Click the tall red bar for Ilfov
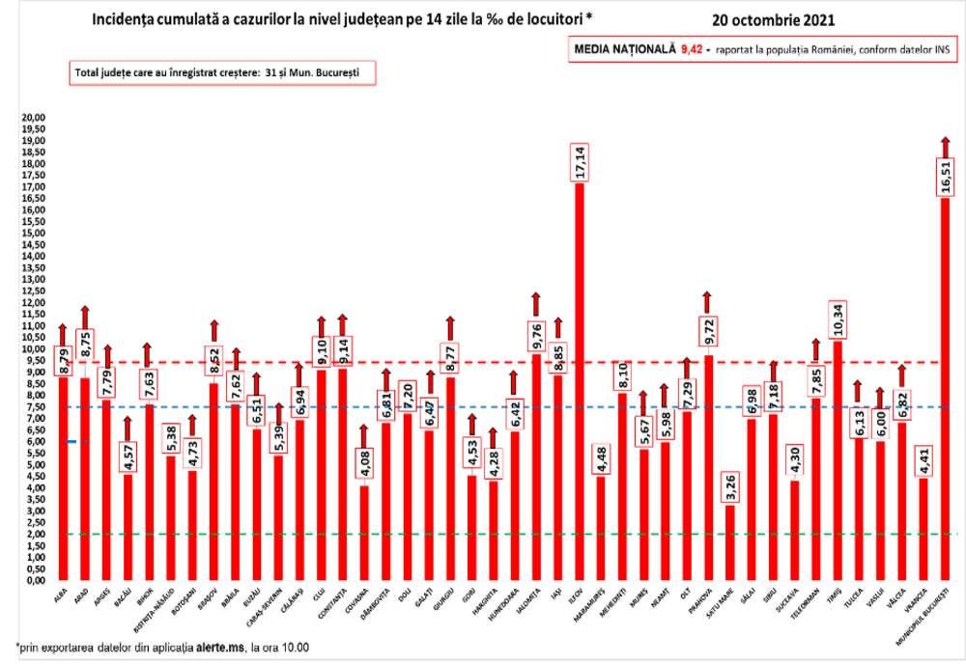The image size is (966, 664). click(579, 386)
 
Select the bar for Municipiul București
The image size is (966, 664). click(945, 386)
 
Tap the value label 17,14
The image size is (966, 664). click(580, 161)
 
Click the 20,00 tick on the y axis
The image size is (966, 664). click(34, 118)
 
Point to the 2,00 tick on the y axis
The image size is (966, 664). click(36, 535)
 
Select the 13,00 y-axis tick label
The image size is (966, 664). click(34, 280)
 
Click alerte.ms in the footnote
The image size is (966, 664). click(221, 645)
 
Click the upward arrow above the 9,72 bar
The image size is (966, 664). click(707, 301)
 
